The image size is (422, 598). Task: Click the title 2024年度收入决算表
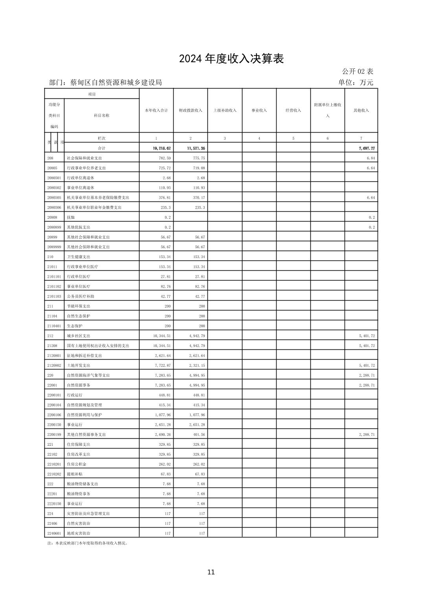pos(231,59)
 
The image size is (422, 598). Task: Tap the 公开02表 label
pos(357,71)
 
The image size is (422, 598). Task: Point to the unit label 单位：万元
pos(355,83)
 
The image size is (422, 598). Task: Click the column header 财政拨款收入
pos(191,111)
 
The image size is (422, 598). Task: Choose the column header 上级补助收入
pos(225,111)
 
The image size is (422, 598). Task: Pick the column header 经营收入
pos(293,111)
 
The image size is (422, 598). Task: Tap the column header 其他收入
pos(361,111)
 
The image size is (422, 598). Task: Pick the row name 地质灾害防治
pos(79,533)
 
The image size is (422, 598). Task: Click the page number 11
pos(211,572)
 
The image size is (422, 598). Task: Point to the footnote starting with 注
pos(87,543)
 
